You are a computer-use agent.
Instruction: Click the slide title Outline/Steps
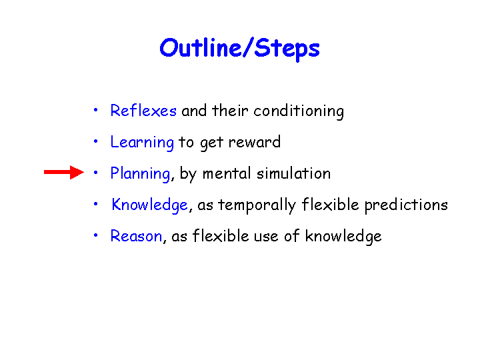[x=240, y=49]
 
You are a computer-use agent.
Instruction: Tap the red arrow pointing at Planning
[x=64, y=173]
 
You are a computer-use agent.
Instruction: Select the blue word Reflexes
[x=143, y=110]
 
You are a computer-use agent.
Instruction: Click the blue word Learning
[x=142, y=143]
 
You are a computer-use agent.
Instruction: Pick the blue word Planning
[x=140, y=174]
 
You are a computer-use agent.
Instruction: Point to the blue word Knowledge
[x=149, y=205]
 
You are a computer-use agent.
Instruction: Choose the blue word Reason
[x=136, y=236]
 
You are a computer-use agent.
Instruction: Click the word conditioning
[x=299, y=111]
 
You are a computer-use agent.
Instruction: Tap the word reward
[x=255, y=142]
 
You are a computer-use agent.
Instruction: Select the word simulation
[x=293, y=173]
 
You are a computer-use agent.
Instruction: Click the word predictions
[x=406, y=205]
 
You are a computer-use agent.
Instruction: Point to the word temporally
[x=257, y=205]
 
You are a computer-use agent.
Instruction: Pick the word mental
[x=227, y=173]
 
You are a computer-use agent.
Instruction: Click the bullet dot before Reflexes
[x=96, y=109]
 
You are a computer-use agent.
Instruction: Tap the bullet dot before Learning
[x=96, y=141]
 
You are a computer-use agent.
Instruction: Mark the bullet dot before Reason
[x=96, y=235]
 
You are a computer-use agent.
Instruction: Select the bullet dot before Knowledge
[x=96, y=203]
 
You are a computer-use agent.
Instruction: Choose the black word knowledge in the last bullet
[x=343, y=237]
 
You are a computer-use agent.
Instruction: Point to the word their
[x=230, y=111]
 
